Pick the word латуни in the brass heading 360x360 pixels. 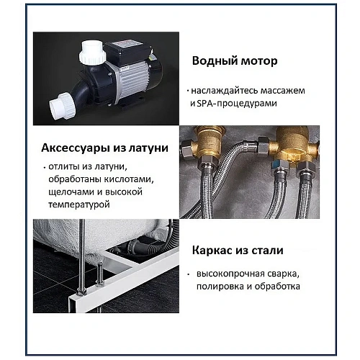[x=145, y=149]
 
